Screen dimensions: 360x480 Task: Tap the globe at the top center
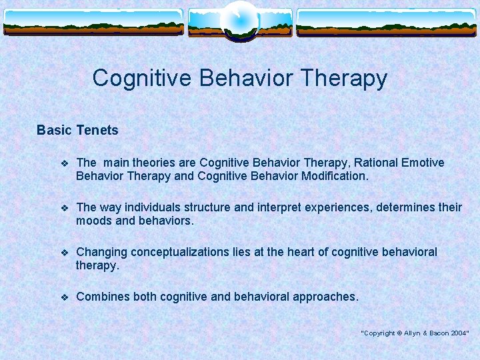(239, 20)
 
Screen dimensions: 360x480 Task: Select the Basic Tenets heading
(77, 130)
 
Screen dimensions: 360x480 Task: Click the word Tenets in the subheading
(97, 130)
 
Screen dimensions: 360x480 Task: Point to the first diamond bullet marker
(64, 163)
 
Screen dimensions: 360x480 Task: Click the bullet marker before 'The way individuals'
(64, 208)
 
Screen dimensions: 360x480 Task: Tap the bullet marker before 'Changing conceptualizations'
(64, 253)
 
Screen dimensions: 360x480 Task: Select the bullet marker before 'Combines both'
(64, 297)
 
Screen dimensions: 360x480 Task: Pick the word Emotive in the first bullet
(419, 163)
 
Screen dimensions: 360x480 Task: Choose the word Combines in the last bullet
(103, 297)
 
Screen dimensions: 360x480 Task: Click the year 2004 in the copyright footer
(458, 333)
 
